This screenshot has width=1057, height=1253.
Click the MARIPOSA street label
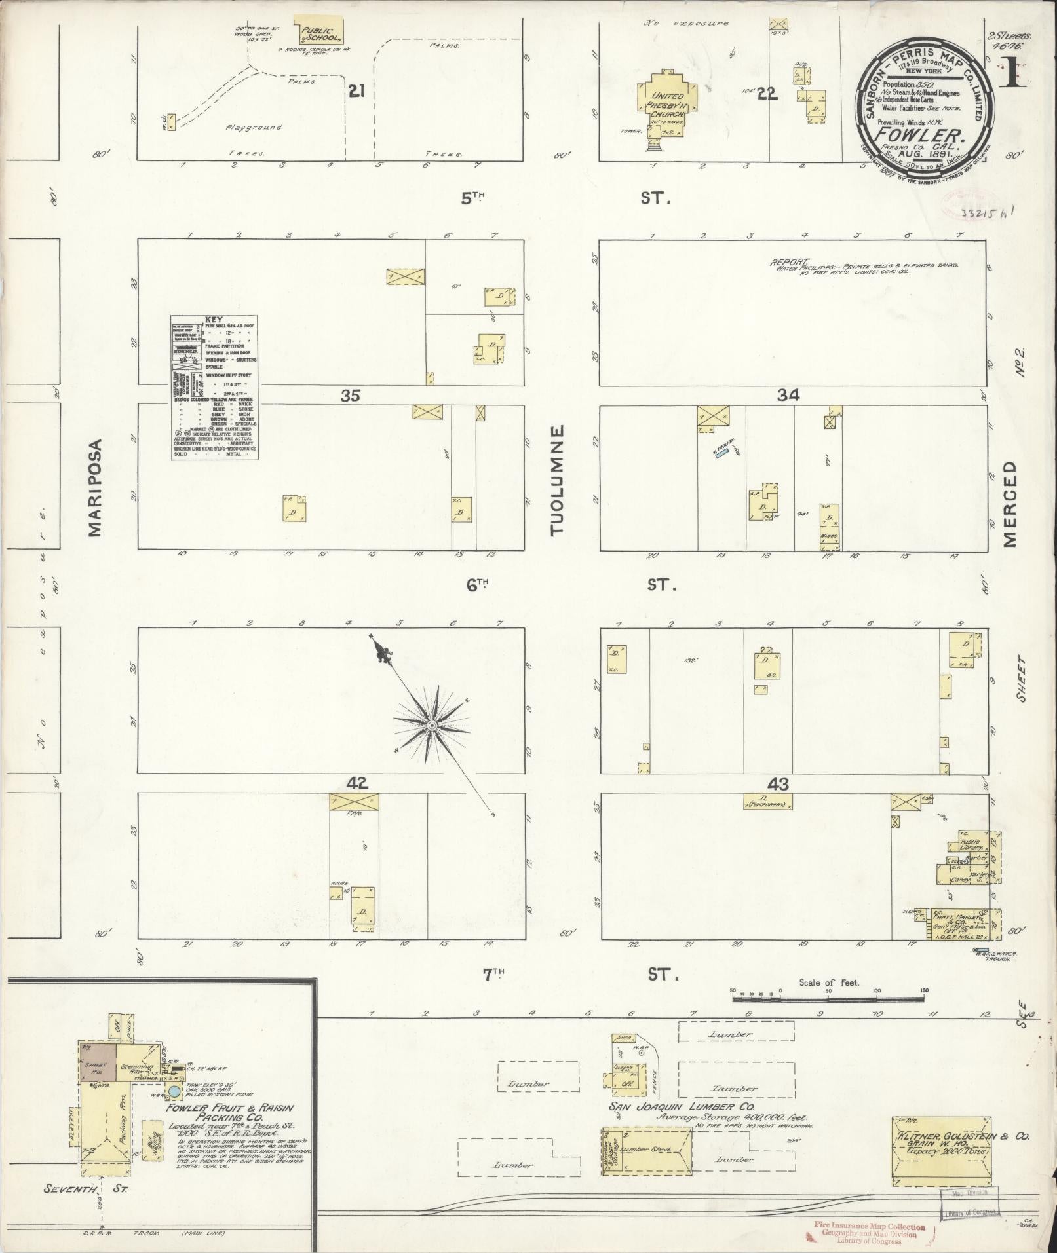[x=96, y=488]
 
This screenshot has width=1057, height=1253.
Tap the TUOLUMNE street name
[x=558, y=481]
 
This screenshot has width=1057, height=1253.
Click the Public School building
[x=317, y=33]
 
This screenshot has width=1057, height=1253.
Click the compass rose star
[x=432, y=726]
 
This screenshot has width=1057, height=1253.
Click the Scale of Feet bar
[x=828, y=998]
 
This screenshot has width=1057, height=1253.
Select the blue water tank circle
[x=174, y=1092]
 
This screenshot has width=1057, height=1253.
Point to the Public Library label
[x=970, y=845]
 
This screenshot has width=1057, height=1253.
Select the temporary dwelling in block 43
[x=767, y=800]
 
